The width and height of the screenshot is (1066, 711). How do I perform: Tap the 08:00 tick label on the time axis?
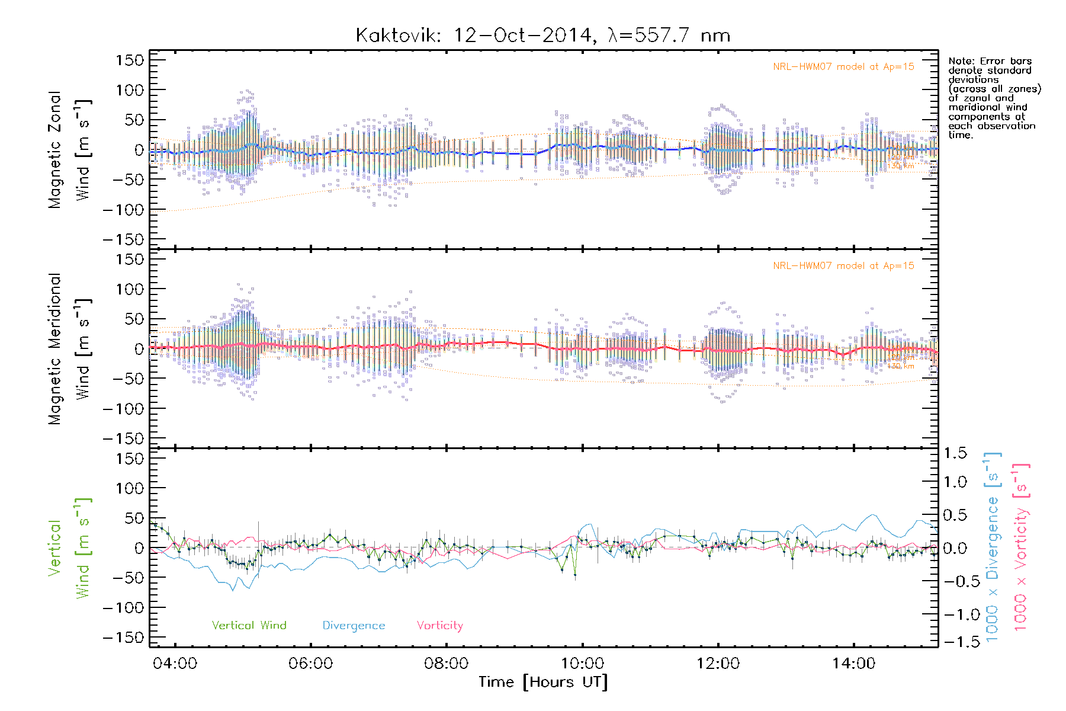[x=447, y=664]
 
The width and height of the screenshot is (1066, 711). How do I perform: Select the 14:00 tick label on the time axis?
[x=853, y=664]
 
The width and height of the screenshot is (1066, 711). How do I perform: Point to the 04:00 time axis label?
[x=175, y=664]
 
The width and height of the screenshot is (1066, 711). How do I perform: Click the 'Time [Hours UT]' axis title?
[x=543, y=682]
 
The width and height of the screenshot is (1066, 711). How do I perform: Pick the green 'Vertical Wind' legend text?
[x=249, y=626]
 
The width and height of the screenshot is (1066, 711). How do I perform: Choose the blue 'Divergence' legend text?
[x=354, y=626]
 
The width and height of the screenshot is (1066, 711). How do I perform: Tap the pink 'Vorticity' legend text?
[x=439, y=626]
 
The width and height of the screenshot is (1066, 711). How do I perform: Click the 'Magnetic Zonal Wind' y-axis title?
[x=69, y=150]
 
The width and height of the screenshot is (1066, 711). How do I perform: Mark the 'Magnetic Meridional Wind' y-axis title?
[x=69, y=349]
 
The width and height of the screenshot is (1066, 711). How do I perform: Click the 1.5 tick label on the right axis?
[x=955, y=453]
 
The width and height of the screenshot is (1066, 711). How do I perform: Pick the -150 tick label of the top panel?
[x=124, y=240]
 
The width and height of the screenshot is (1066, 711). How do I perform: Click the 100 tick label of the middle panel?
[x=130, y=289]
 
